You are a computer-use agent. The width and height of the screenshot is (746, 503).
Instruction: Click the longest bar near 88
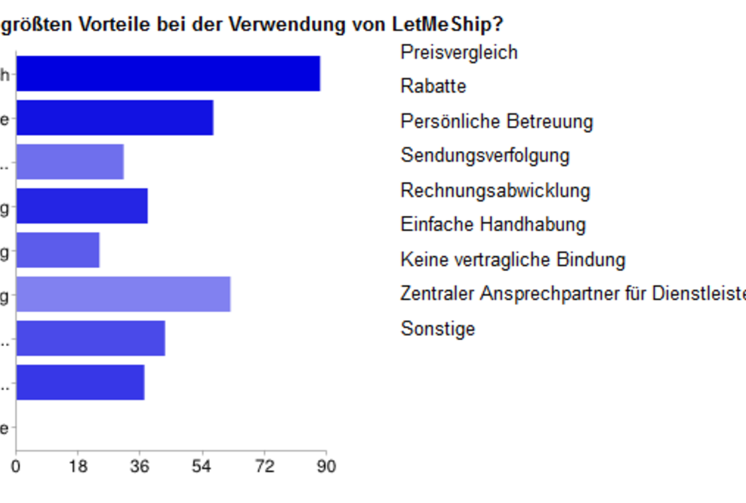[x=168, y=73]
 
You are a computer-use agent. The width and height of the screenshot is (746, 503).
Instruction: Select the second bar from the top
[x=114, y=117]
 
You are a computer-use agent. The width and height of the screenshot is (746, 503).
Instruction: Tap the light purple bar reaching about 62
[x=123, y=294]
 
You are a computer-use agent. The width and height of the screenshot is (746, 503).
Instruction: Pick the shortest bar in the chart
[x=57, y=250]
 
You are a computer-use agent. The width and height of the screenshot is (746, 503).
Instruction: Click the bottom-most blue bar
[x=80, y=382]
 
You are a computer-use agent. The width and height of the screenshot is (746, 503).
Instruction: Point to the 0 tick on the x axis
[x=16, y=467]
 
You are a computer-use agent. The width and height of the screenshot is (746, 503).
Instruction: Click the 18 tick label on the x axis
[x=78, y=467]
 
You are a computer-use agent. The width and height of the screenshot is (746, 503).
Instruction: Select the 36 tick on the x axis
[x=140, y=467]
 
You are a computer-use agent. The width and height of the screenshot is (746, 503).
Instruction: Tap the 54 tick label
[x=202, y=467]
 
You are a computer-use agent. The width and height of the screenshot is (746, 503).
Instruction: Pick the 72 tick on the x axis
[x=264, y=467]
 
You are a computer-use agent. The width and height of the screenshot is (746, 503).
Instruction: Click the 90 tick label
[x=325, y=467]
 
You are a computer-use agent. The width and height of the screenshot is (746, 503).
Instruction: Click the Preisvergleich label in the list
[x=459, y=52]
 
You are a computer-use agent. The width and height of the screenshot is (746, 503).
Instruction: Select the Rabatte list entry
[x=433, y=86]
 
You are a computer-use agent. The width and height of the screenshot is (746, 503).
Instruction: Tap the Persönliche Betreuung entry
[x=496, y=121]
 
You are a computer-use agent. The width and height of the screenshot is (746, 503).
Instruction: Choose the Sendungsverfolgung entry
[x=485, y=156]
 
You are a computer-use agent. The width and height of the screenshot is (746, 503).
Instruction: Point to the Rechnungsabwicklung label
[x=495, y=190]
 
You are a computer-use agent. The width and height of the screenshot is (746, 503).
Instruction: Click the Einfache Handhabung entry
[x=492, y=224]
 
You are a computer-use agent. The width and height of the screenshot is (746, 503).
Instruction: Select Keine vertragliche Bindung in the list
[x=513, y=260]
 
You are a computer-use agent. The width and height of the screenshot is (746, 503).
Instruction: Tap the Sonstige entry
[x=437, y=329]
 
